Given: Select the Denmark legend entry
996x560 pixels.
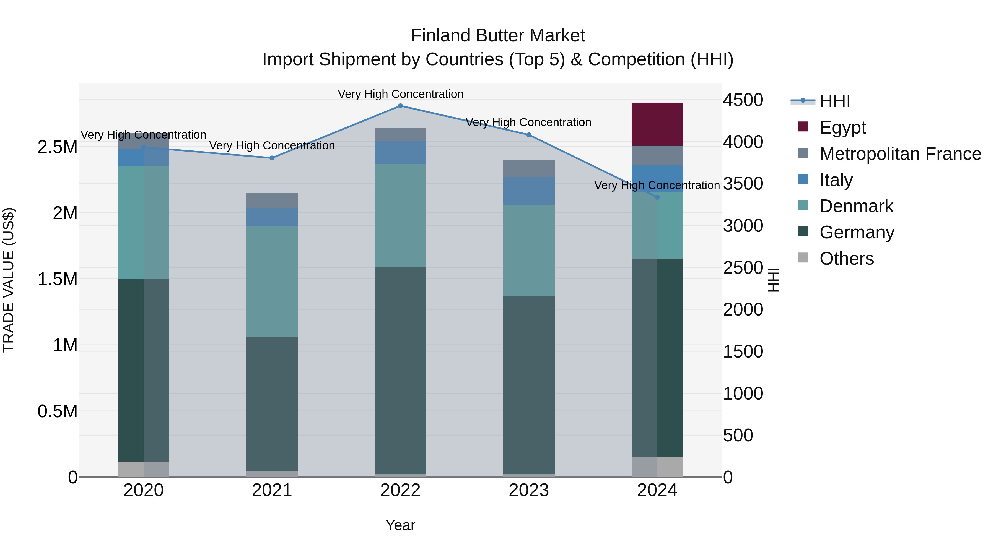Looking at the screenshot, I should click(856, 206).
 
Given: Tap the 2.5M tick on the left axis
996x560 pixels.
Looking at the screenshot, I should click(58, 147).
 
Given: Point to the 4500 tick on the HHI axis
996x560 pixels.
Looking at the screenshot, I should click(743, 100).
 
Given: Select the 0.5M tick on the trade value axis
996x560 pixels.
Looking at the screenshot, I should click(58, 411).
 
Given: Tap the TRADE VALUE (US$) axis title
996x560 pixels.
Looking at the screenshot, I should click(9, 280).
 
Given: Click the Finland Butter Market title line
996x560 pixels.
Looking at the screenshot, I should click(498, 36).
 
